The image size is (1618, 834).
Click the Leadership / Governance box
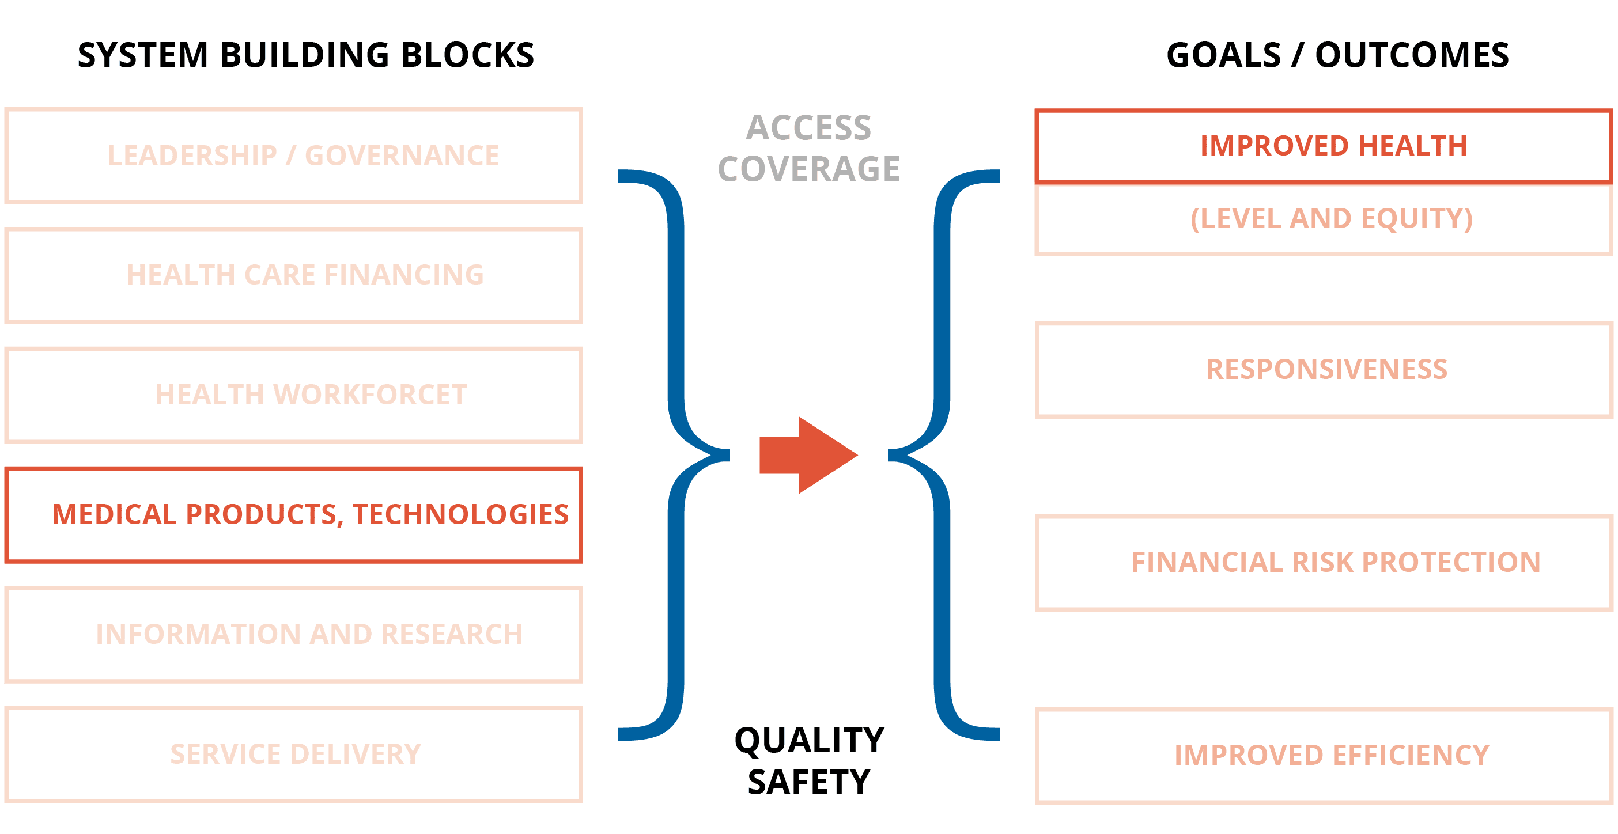(293, 156)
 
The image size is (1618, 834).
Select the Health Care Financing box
(293, 275)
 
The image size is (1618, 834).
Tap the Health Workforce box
(293, 395)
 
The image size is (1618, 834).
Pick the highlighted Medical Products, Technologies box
(293, 514)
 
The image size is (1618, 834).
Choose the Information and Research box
(293, 634)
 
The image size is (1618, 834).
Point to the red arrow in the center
(807, 454)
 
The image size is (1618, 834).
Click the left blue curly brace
(676, 454)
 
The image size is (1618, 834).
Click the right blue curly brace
(942, 454)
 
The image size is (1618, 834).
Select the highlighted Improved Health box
(1323, 146)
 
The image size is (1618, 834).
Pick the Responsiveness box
(1323, 369)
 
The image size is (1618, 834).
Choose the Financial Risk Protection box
(1323, 562)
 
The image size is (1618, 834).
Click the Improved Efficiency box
(1323, 756)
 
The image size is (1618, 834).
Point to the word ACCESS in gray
(808, 128)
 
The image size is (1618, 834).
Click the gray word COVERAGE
(808, 169)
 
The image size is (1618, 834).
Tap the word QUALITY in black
(809, 741)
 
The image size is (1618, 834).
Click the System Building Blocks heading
(305, 55)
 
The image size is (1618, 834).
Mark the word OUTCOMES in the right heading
(1411, 55)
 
